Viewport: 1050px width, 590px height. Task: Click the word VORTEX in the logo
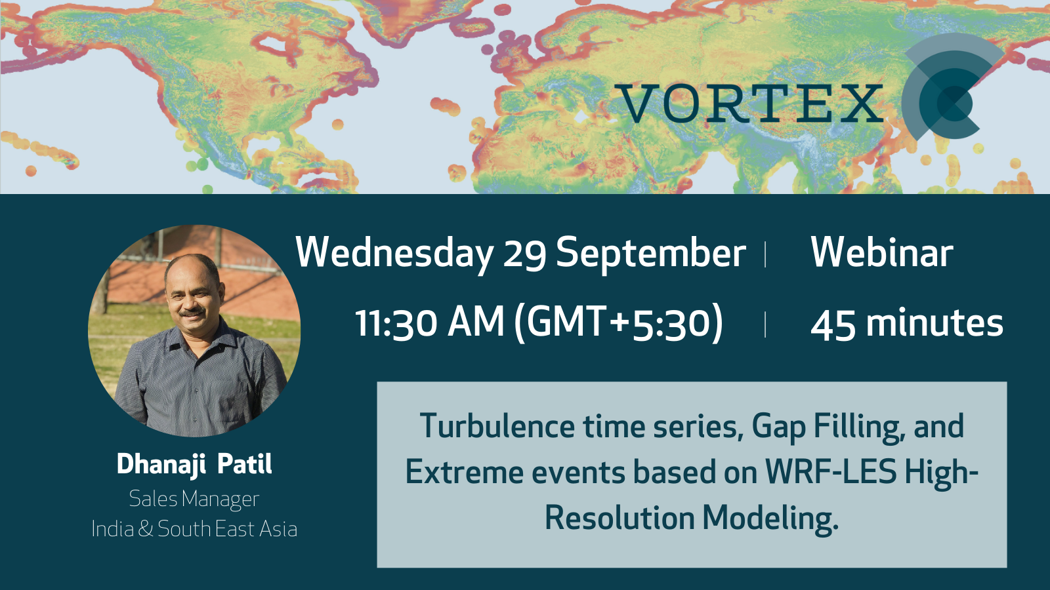click(x=749, y=104)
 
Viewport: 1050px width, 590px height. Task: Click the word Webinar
click(x=882, y=252)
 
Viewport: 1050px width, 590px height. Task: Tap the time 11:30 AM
click(x=429, y=323)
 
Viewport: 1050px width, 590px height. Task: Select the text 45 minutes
click(x=906, y=324)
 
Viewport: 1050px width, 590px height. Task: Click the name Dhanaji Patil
click(x=194, y=465)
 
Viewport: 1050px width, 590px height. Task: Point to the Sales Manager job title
click(x=194, y=499)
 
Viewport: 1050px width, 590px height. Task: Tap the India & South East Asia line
click(x=194, y=529)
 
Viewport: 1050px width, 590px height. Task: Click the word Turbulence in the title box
click(x=497, y=426)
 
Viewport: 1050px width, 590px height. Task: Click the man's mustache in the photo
click(x=193, y=311)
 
